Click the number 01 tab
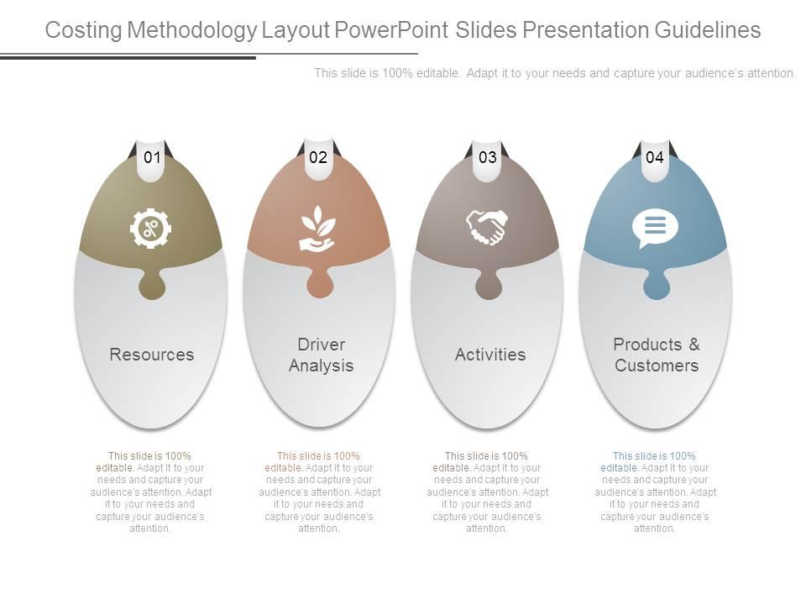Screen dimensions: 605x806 pyautogui.click(x=151, y=157)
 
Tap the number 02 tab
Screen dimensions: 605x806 pyautogui.click(x=318, y=157)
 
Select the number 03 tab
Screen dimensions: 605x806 pyautogui.click(x=487, y=157)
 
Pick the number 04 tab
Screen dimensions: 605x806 pyautogui.click(x=655, y=157)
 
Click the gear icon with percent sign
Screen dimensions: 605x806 pyautogui.click(x=151, y=229)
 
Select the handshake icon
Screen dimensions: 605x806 pyautogui.click(x=487, y=227)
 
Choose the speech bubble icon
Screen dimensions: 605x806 pyautogui.click(x=655, y=228)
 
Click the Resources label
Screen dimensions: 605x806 pyautogui.click(x=152, y=355)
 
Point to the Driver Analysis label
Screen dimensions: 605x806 pyautogui.click(x=321, y=355)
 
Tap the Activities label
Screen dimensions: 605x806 pyautogui.click(x=490, y=355)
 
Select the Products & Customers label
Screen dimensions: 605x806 pyautogui.click(x=657, y=355)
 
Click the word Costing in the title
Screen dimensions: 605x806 pyautogui.click(x=86, y=30)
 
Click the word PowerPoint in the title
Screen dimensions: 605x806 pyautogui.click(x=392, y=30)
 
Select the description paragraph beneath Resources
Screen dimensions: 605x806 pyautogui.click(x=151, y=492)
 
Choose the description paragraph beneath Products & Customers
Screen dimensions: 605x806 pyautogui.click(x=655, y=492)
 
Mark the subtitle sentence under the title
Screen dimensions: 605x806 pyautogui.click(x=554, y=73)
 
